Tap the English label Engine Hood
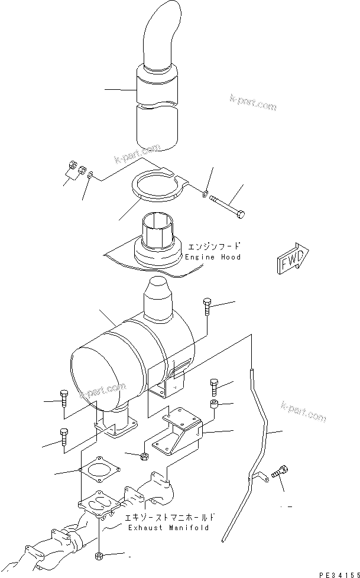[x=213, y=258]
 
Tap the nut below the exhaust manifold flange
[x=99, y=557]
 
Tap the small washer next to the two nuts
[x=89, y=175]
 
